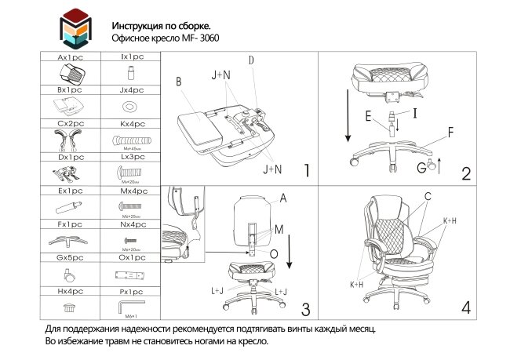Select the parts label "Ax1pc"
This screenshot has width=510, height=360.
click(71, 58)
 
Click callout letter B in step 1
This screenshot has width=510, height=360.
click(179, 81)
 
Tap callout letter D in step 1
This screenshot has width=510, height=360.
click(251, 60)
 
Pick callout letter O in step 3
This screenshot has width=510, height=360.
click(273, 253)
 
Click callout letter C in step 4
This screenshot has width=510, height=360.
click(428, 196)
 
